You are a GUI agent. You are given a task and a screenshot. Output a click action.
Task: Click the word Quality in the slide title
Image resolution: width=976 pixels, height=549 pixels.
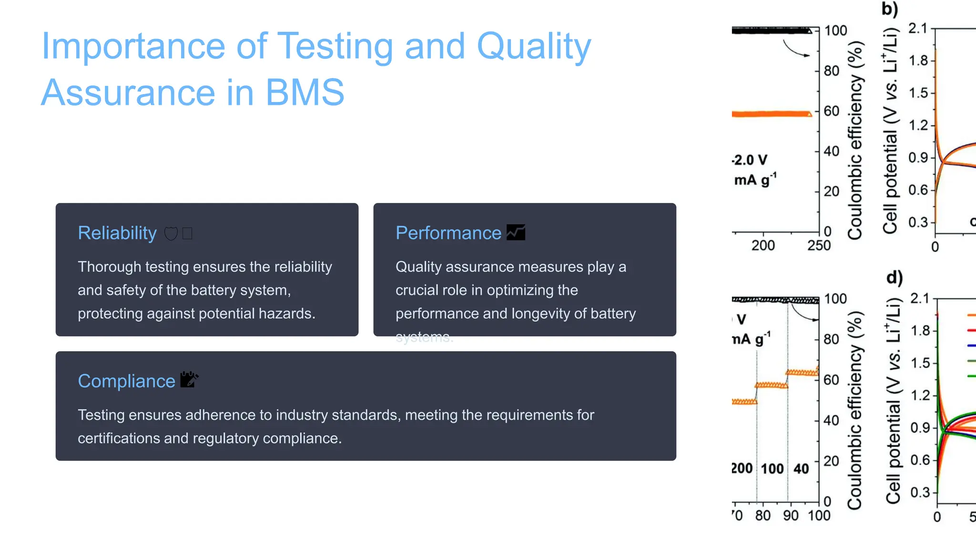pyautogui.click(x=533, y=47)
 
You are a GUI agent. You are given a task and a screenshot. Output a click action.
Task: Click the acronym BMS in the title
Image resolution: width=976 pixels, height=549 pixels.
pyautogui.click(x=305, y=92)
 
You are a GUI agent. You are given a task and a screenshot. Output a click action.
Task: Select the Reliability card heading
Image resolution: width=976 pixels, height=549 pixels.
pyautogui.click(x=117, y=233)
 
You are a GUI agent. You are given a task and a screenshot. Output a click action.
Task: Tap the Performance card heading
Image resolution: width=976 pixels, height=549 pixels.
pyautogui.click(x=448, y=233)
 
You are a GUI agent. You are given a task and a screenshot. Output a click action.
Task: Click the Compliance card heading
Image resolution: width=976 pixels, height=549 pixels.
pyautogui.click(x=126, y=381)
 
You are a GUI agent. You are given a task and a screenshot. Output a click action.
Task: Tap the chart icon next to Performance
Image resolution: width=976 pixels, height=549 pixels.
pyautogui.click(x=516, y=233)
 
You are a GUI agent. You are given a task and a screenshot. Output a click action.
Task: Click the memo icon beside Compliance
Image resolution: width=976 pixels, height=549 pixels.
pyautogui.click(x=189, y=380)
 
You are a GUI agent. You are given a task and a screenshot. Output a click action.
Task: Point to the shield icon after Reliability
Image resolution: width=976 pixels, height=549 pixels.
pyautogui.click(x=171, y=234)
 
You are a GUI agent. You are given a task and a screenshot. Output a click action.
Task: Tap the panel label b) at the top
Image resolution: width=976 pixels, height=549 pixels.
pyautogui.click(x=889, y=10)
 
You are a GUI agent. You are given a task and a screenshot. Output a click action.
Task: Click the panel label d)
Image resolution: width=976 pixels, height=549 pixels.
pyautogui.click(x=894, y=278)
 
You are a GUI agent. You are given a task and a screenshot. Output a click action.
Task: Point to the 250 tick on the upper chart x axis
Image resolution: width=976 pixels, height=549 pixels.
pyautogui.click(x=819, y=245)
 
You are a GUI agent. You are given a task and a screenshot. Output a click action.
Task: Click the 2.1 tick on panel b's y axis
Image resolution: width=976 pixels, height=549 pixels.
pyautogui.click(x=918, y=29)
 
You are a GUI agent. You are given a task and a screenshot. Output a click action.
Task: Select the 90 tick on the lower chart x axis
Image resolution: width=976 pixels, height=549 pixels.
pyautogui.click(x=791, y=516)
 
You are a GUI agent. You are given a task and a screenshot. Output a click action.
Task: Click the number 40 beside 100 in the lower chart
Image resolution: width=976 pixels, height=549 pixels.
pyautogui.click(x=801, y=469)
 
